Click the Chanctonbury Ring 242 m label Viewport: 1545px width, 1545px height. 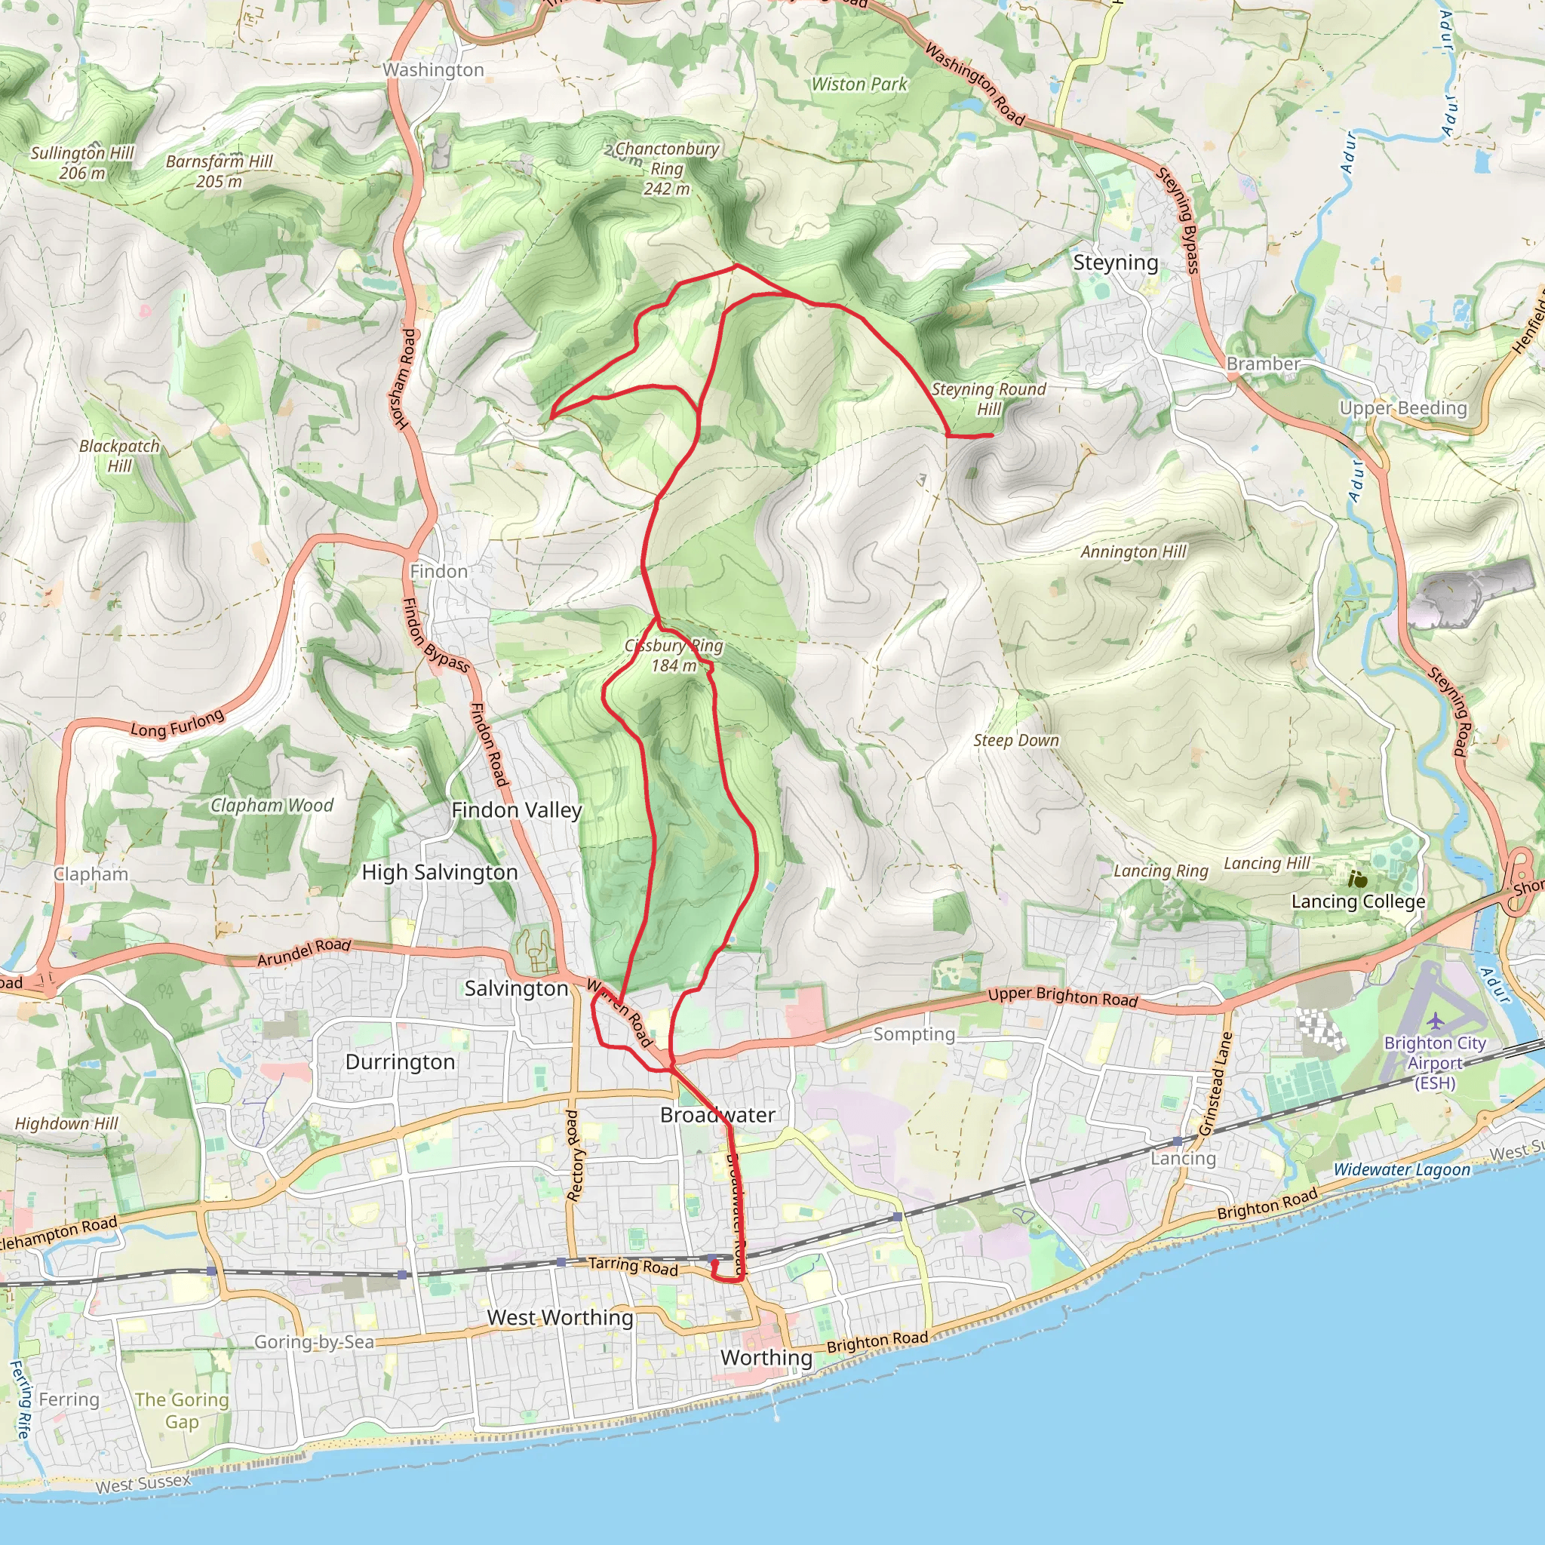(x=666, y=169)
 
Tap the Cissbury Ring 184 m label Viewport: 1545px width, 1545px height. (x=674, y=656)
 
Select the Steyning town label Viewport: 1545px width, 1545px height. (x=1115, y=263)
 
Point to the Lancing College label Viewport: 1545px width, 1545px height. (x=1358, y=902)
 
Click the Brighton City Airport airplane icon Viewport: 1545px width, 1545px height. (x=1436, y=1021)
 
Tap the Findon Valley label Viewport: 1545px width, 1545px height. (x=517, y=810)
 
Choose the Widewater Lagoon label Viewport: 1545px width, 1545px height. (x=1401, y=1169)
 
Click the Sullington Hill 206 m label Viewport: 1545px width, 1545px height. (x=82, y=162)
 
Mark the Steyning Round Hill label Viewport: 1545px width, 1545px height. (x=988, y=398)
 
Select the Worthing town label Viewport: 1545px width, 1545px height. (x=766, y=1357)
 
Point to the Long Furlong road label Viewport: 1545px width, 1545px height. (x=177, y=723)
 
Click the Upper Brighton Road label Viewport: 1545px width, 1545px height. (x=1062, y=997)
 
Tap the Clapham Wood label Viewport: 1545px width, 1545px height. (x=272, y=805)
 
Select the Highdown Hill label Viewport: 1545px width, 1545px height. (x=66, y=1123)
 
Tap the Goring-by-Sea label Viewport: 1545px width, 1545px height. (x=315, y=1341)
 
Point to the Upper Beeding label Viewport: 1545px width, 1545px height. (x=1402, y=408)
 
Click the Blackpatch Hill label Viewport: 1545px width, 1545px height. (x=119, y=456)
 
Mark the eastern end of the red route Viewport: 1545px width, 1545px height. (x=991, y=435)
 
